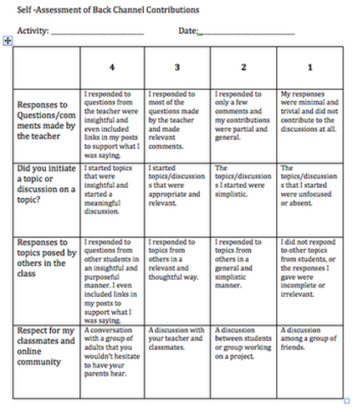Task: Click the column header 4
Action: pyautogui.click(x=114, y=65)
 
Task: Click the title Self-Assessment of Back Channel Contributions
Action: pyautogui.click(x=102, y=10)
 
